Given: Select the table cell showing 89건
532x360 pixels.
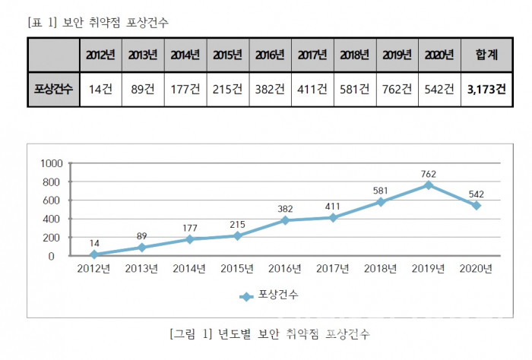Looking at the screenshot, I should pyautogui.click(x=143, y=89).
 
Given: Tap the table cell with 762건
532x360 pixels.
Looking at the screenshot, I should pyautogui.click(x=397, y=89).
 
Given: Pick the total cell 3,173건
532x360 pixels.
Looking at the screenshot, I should pyautogui.click(x=486, y=89).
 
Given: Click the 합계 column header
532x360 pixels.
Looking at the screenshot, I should pyautogui.click(x=486, y=55).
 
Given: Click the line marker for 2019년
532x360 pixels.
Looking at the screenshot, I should pyautogui.click(x=429, y=185).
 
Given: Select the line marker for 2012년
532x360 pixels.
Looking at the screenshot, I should pyautogui.click(x=94, y=254).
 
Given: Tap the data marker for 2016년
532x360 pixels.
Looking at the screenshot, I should pyautogui.click(x=286, y=220).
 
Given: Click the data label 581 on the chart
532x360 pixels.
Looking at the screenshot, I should pyautogui.click(x=382, y=190).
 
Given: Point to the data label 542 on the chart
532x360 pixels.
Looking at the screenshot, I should pyautogui.click(x=476, y=194).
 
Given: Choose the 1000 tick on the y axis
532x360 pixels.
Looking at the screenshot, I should pyautogui.click(x=52, y=163).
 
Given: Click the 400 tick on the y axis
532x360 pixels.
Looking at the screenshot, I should pyautogui.click(x=55, y=219).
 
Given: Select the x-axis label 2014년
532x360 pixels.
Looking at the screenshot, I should pyautogui.click(x=189, y=269).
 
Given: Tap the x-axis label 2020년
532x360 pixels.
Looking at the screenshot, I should pyautogui.click(x=476, y=269).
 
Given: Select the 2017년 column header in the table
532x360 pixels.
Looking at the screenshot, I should pyautogui.click(x=312, y=55).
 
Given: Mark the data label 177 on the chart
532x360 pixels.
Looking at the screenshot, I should pyautogui.click(x=190, y=226).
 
